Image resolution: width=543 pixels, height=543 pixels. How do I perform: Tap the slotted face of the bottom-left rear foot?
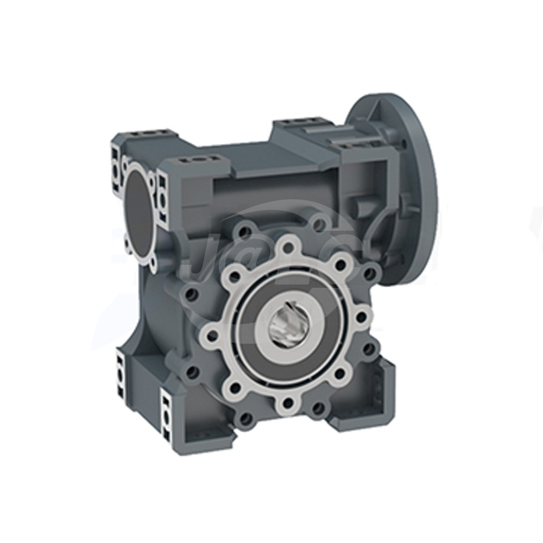tap(119, 375)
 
